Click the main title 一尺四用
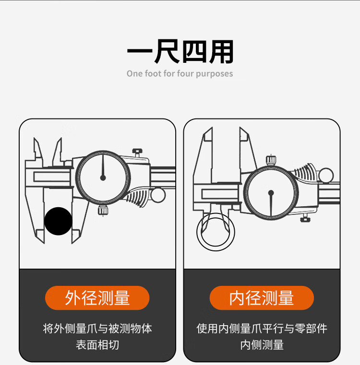coord(180,51)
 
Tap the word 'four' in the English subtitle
coord(185,73)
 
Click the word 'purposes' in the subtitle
coord(215,74)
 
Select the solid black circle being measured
coord(58,221)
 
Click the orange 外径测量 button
coord(97,298)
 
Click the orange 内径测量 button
coord(262,298)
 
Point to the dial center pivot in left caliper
coord(103,178)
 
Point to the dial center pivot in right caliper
coord(271,193)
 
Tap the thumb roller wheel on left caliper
coord(158,195)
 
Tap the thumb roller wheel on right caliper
coord(326,175)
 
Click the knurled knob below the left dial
coord(103,210)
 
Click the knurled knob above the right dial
coord(271,160)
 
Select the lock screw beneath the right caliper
coord(304,218)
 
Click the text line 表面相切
coord(97,345)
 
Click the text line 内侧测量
coord(262,345)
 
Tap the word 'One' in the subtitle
coord(134,73)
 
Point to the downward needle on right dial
coord(271,204)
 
